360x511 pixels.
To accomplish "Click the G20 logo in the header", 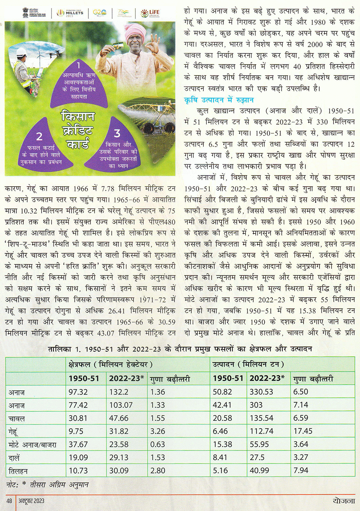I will (99, 13).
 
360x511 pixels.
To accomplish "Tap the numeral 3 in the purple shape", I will (117, 133).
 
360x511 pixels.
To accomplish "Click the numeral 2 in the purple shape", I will (39, 136).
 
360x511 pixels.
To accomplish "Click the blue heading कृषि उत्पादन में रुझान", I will (219, 100).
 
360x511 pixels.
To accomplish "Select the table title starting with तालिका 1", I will (180, 349).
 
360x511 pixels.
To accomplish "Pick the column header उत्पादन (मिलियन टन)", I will (248, 364).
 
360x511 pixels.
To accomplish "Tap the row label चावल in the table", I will (17, 419).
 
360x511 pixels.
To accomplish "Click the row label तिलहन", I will (18, 471).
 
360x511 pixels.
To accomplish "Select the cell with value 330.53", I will (261, 392).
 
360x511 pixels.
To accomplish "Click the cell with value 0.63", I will (158, 444).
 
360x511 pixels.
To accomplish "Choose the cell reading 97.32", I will (78, 392).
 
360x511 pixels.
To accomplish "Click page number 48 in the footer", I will (9, 501).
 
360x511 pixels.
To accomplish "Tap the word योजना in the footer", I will (344, 501).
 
